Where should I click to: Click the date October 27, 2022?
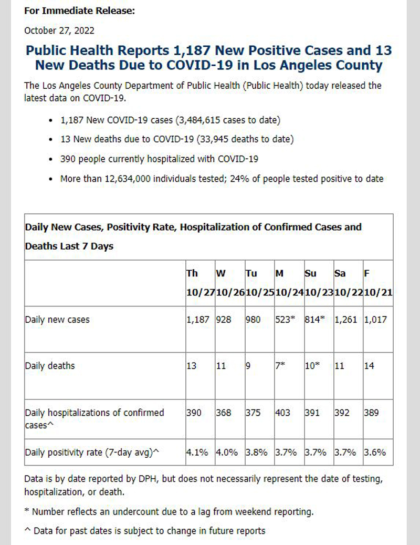pos(59,30)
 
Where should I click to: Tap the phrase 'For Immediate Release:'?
pos(79,11)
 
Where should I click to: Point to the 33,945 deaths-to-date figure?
pos(214,139)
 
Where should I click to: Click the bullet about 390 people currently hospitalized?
pos(159,159)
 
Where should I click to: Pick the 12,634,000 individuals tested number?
pos(128,179)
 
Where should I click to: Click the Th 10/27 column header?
pos(200,283)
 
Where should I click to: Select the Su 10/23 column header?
pos(319,283)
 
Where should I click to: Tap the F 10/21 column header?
pos(378,283)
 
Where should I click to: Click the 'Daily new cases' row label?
pos(57,320)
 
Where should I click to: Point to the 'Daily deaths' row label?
pos(50,366)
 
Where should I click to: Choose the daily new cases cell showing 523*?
pos(285,320)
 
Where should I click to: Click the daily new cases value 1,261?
pos(346,320)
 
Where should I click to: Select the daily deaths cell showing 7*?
pos(280,366)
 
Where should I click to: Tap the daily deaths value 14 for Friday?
pos(369,366)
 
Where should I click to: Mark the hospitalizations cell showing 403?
pos(282,413)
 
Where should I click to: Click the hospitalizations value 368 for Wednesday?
pos(224,413)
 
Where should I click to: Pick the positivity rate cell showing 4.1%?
pos(197,453)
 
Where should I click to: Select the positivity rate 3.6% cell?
pos(375,453)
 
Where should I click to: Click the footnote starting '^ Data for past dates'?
pos(145,531)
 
